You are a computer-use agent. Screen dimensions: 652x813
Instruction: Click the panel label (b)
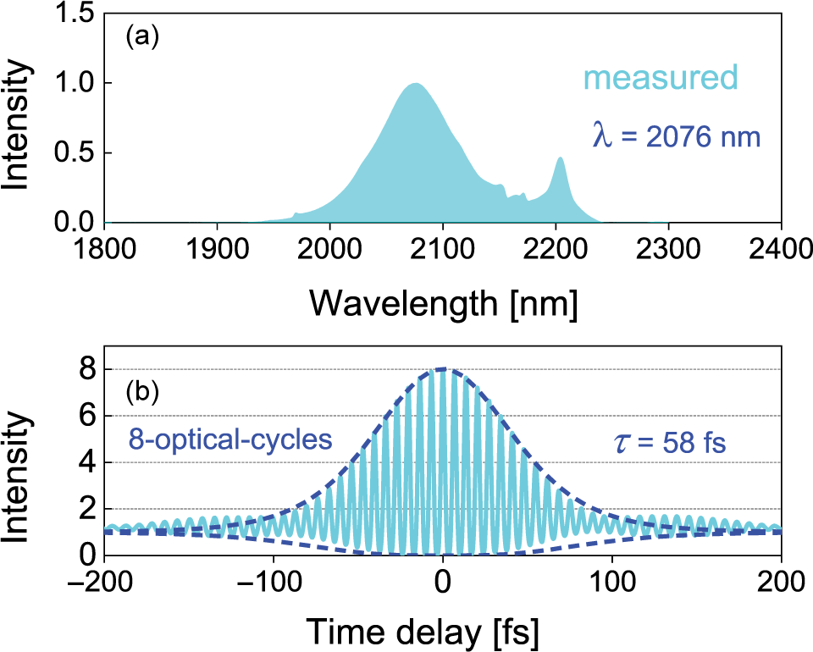point(141,395)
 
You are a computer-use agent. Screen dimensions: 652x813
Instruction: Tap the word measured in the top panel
point(661,79)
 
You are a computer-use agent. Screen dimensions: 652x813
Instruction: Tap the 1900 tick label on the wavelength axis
point(217,249)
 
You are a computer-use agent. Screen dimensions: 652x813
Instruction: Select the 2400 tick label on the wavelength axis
point(781,249)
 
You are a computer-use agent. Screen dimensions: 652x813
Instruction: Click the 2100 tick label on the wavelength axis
point(442,249)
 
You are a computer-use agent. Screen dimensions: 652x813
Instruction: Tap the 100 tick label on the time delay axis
point(612,582)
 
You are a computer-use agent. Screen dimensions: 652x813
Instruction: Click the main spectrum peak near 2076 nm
point(415,84)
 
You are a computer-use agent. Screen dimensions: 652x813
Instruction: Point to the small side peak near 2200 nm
point(560,158)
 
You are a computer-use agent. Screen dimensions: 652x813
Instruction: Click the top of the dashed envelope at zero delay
point(443,368)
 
